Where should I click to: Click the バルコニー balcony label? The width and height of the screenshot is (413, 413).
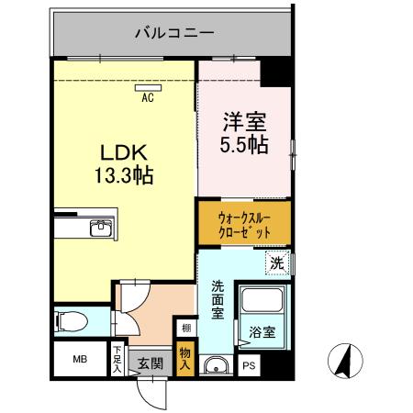[174, 33]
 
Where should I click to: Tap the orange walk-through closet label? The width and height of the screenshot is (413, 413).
[243, 225]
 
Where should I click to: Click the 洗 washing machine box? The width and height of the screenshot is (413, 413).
[276, 263]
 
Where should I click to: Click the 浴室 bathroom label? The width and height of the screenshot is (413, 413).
[261, 331]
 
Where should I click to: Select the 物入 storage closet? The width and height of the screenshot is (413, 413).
[185, 359]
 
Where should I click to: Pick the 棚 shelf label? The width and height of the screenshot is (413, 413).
[185, 329]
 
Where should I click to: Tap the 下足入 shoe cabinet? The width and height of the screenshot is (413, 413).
[117, 356]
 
